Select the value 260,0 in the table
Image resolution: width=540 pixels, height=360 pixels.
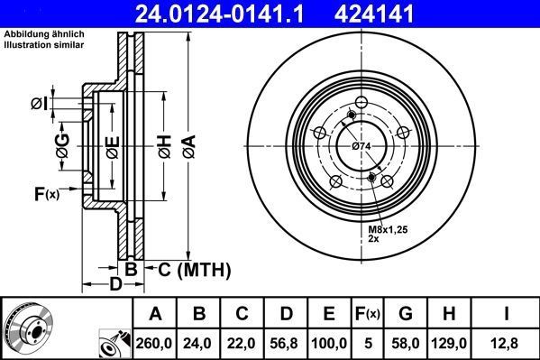point(156,342)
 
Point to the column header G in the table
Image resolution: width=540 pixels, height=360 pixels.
point(405,315)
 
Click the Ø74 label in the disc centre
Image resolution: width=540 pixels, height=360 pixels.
point(362,146)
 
